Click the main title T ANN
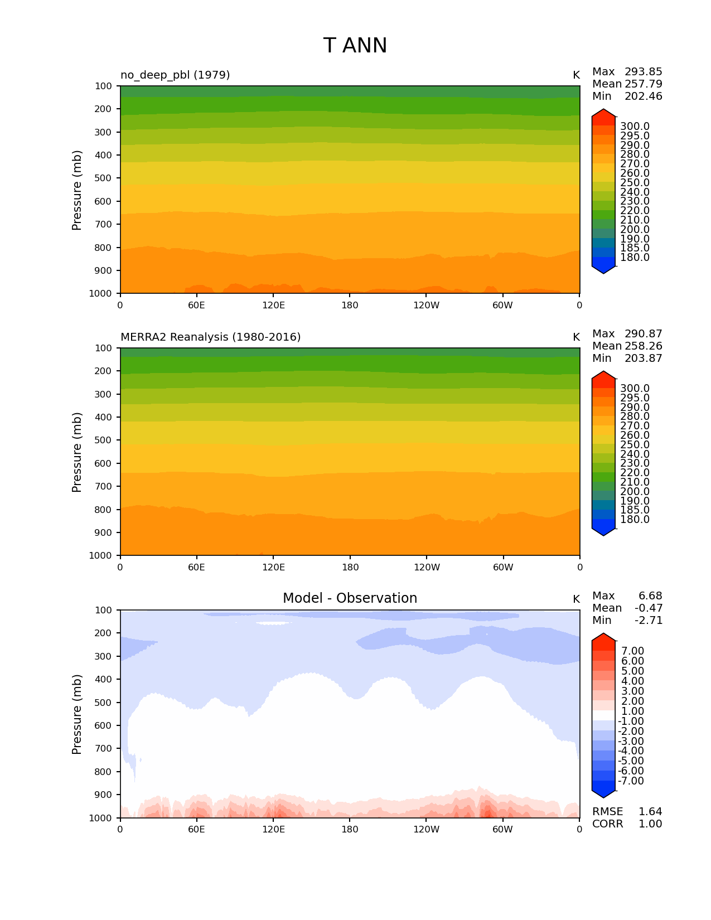click(x=355, y=46)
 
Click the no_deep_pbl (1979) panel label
click(x=175, y=75)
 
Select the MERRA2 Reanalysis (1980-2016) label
click(x=210, y=337)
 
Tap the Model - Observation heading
click(x=350, y=598)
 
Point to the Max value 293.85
click(x=643, y=71)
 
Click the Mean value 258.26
click(x=643, y=346)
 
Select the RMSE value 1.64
click(x=650, y=811)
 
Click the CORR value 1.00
click(x=650, y=824)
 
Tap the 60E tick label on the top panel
click(x=196, y=305)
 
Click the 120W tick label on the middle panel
click(x=427, y=567)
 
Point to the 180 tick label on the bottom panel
click(x=350, y=829)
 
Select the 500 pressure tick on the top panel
click(x=104, y=178)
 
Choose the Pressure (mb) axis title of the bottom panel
click(x=77, y=714)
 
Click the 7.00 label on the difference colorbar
click(x=632, y=651)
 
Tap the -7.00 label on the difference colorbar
click(x=631, y=781)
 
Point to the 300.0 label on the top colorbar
click(x=635, y=127)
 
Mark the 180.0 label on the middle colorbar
click(x=635, y=519)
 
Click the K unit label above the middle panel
click(x=576, y=337)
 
